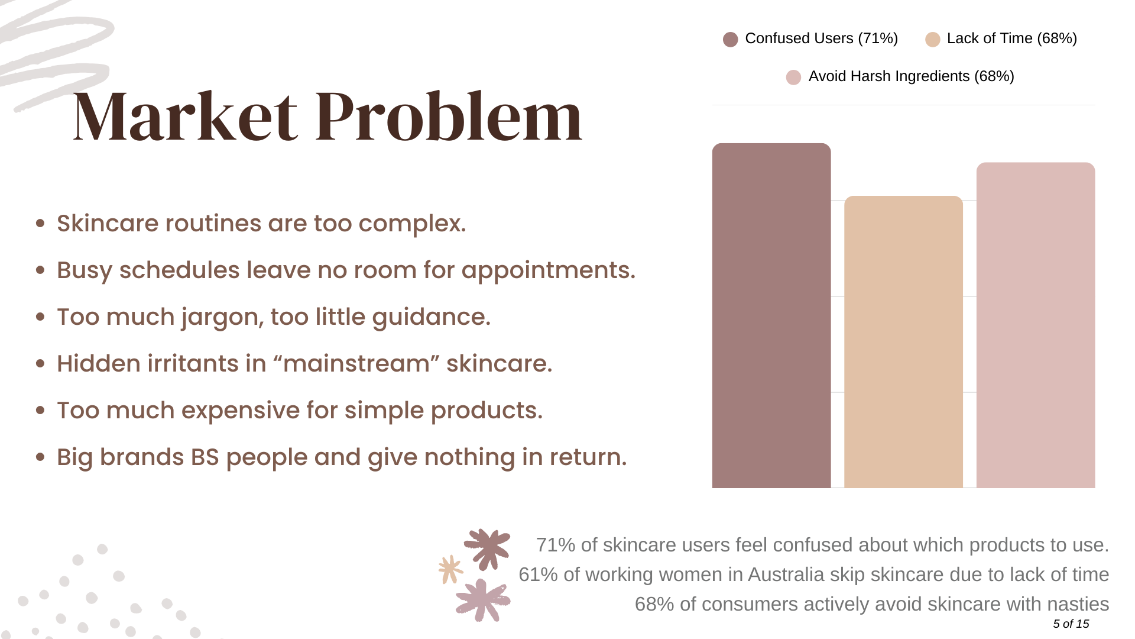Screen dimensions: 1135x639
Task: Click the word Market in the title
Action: (x=185, y=117)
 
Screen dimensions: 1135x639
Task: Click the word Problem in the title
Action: (x=449, y=117)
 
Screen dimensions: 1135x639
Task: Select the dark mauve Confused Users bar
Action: (x=771, y=315)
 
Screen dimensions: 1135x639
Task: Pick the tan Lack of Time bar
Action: (x=903, y=342)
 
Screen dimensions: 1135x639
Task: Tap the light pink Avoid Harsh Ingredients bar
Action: (x=1036, y=325)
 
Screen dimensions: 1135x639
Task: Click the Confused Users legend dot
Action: (x=731, y=40)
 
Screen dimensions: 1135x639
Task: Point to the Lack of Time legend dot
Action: (x=933, y=40)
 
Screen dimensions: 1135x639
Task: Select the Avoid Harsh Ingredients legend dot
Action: (x=793, y=78)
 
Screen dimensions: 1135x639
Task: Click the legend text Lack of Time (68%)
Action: (x=1012, y=38)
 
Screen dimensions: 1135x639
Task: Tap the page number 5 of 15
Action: (x=1071, y=624)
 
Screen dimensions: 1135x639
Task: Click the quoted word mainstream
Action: (x=356, y=364)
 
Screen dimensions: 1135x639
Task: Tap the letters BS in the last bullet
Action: (x=205, y=457)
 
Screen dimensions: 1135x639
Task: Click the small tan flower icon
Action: (x=450, y=570)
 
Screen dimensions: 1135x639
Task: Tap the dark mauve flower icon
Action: (x=488, y=548)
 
